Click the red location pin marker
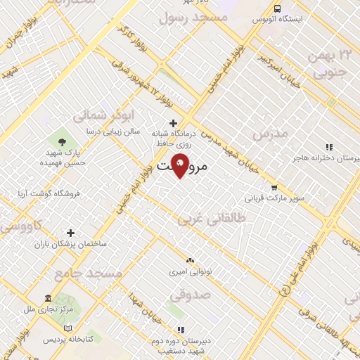point(181,165)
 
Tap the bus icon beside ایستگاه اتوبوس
point(278,9)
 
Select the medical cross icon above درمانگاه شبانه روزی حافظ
point(173,123)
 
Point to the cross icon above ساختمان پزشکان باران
point(70,233)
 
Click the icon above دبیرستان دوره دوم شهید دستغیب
point(181,329)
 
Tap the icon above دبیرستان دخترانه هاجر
point(328,147)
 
